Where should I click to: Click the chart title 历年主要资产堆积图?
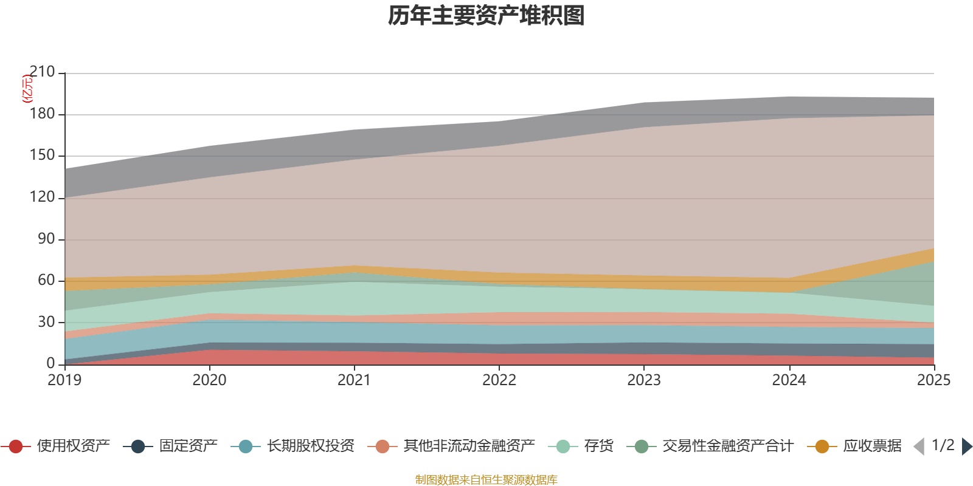(x=486, y=16)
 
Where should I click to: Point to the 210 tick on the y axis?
(x=42, y=72)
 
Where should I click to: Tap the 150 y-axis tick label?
(x=42, y=156)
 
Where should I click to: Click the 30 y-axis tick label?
(x=46, y=322)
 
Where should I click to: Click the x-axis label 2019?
(x=64, y=380)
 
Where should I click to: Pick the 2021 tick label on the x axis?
(x=354, y=380)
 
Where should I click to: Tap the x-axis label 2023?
(x=644, y=380)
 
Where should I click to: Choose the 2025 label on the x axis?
(x=933, y=380)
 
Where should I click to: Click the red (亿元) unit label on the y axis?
(x=27, y=89)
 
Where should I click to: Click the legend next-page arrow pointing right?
(x=966, y=447)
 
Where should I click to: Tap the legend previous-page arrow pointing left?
(x=919, y=447)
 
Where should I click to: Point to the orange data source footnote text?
(x=486, y=480)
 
